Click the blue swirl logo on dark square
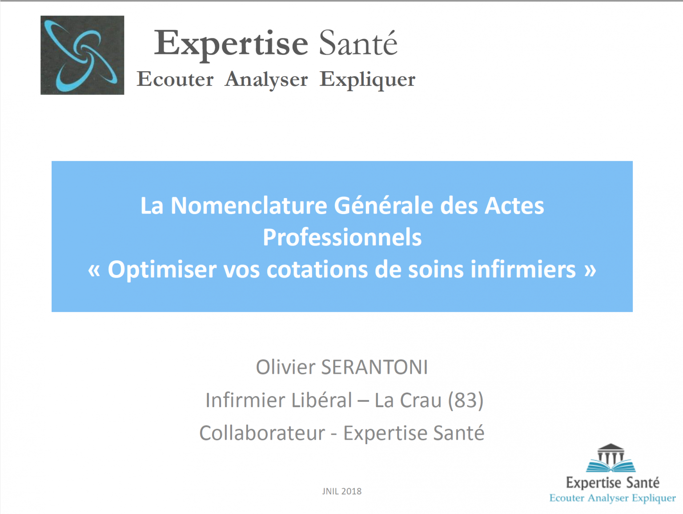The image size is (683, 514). [82, 55]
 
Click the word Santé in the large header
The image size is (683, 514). [358, 44]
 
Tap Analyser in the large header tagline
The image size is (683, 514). [266, 80]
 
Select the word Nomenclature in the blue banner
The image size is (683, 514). [249, 206]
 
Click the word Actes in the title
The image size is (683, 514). [514, 206]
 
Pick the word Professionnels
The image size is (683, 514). [342, 237]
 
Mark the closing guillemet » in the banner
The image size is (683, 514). [590, 269]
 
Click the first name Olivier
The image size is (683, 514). [285, 367]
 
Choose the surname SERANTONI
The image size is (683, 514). [374, 367]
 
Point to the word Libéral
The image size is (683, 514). [322, 400]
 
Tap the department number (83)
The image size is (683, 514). [466, 400]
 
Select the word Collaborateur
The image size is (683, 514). [262, 433]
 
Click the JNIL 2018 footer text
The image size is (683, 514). [341, 491]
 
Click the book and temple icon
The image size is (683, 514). [611, 458]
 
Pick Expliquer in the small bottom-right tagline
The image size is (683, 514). [654, 498]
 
